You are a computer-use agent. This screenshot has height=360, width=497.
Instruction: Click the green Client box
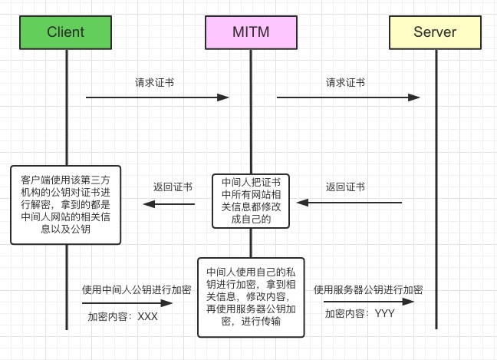coord(66,31)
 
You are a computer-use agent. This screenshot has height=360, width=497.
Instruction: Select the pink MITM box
coord(250,31)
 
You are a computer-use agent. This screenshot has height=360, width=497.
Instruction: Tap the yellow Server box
coord(435,31)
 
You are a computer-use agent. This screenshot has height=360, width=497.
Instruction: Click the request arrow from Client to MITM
coord(157,97)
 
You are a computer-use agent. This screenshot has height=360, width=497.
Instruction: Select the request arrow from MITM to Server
coord(348,97)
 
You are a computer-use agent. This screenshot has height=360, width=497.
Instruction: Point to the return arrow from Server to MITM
coord(350,203)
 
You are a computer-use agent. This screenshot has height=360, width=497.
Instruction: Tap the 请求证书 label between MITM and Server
coord(345,81)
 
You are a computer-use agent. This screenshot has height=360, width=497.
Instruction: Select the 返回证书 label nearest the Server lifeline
coord(345,187)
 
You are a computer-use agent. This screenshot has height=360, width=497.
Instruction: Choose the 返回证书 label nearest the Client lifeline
coord(173,187)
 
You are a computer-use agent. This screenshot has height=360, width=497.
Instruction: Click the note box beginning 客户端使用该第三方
coord(66,204)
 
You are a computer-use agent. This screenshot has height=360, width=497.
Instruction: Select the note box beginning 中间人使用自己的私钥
coord(250,297)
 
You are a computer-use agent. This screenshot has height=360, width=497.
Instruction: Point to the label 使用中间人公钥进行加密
coord(137,290)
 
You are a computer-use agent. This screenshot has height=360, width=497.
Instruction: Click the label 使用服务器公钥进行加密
coord(368,290)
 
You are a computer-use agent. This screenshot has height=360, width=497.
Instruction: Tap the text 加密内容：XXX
coord(123,316)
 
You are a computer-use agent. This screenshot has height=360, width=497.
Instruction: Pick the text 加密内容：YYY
coord(359,313)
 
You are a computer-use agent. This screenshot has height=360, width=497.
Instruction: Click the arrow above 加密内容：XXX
coord(129,303)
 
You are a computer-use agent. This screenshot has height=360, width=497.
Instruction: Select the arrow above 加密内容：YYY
coord(368,302)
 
